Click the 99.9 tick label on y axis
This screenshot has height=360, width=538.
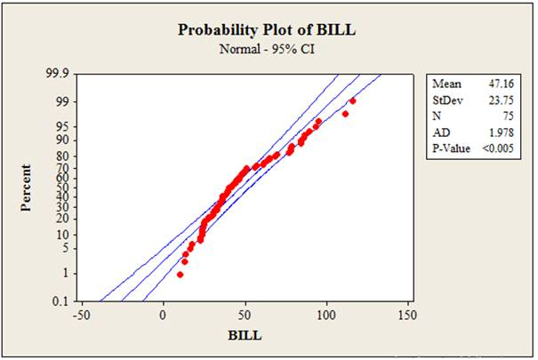tap(57, 76)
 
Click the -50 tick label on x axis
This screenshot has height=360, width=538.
tap(81, 316)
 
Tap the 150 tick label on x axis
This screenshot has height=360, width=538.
tap(409, 316)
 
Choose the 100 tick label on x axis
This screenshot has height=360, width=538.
tap(327, 316)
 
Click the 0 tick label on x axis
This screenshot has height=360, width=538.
tap(164, 316)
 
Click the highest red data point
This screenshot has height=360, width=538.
tap(353, 101)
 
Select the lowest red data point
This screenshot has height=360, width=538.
tap(180, 275)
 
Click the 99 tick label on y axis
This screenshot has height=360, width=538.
tap(63, 102)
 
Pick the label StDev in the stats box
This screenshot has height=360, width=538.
tap(448, 100)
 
